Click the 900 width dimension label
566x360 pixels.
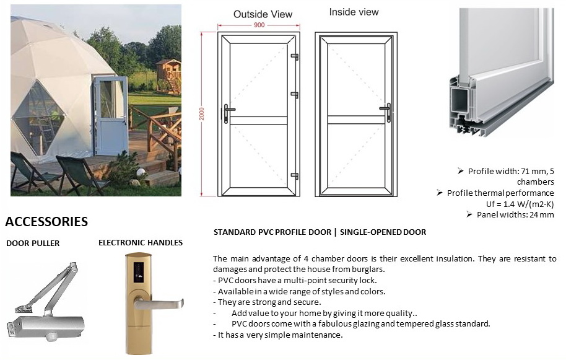[259, 25]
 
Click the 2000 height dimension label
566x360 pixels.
[202, 114]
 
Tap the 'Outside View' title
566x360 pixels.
[263, 14]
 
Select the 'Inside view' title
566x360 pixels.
[354, 12]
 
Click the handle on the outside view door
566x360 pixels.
[227, 113]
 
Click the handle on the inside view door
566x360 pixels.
[386, 112]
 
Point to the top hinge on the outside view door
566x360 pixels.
[295, 56]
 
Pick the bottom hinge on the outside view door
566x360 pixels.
[295, 176]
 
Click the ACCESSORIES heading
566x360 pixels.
[46, 221]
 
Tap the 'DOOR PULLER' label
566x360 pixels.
[33, 244]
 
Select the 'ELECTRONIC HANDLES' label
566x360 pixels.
[141, 243]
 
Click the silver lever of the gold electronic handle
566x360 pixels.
[159, 304]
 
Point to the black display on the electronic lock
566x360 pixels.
[138, 271]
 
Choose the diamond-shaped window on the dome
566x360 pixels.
[38, 117]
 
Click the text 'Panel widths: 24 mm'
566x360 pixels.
[515, 215]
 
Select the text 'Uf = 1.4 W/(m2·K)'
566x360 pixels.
[520, 204]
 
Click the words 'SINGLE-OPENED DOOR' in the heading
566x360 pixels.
[383, 232]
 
